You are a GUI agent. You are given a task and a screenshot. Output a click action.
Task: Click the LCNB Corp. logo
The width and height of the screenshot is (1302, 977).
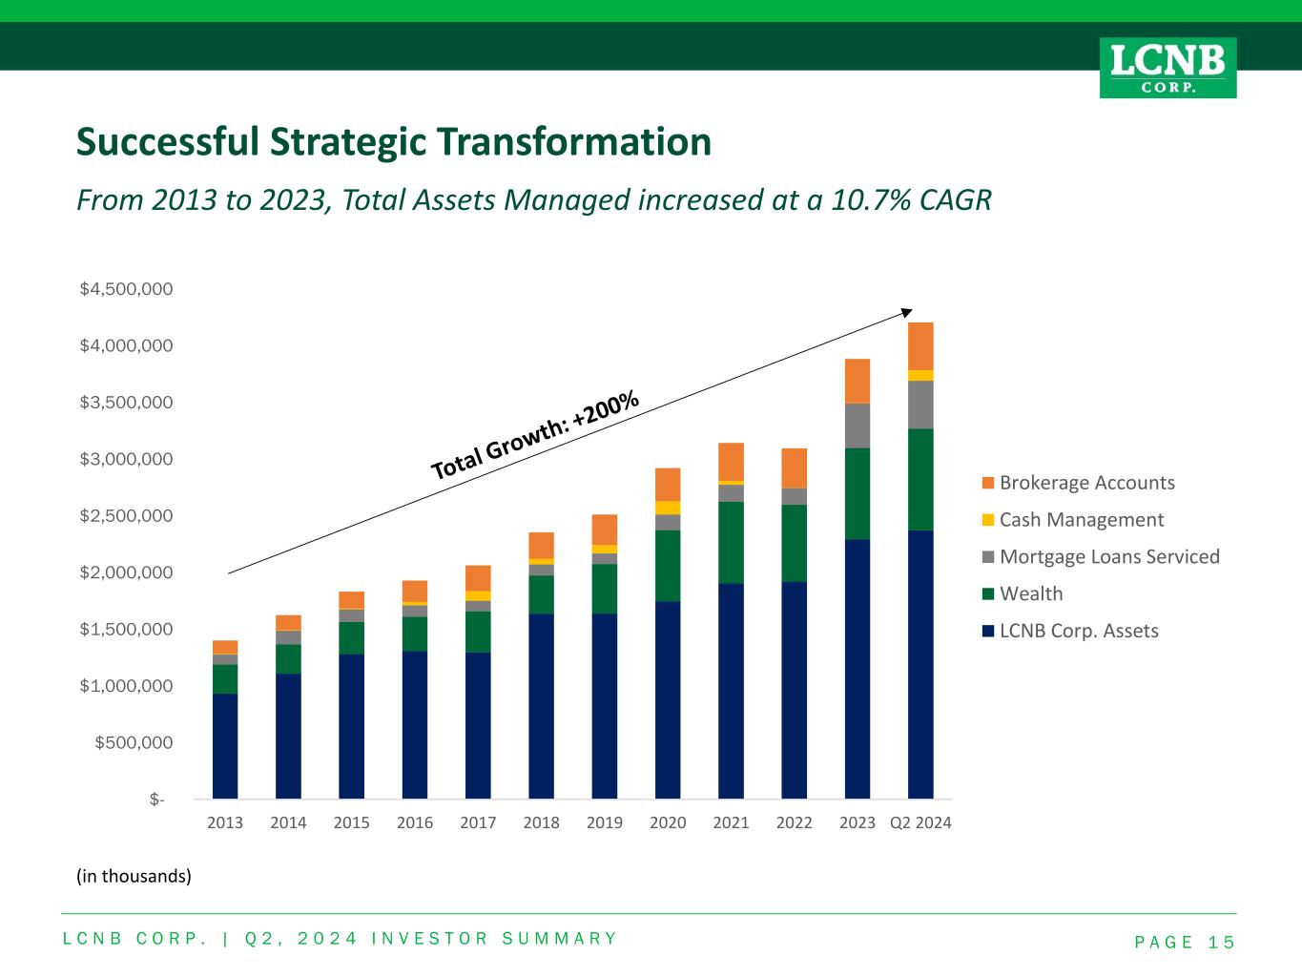[1168, 67]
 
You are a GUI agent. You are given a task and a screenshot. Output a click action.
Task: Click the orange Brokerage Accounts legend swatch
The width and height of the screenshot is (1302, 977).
[987, 483]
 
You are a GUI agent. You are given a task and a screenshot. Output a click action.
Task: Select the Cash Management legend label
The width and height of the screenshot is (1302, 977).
[1081, 520]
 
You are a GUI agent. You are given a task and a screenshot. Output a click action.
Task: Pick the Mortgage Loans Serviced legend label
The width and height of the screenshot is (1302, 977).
[1108, 557]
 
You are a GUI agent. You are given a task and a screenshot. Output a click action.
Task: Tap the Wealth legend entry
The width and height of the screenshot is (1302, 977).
[1030, 594]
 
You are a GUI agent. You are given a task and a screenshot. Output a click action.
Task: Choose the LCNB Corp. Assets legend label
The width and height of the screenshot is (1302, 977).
[1078, 631]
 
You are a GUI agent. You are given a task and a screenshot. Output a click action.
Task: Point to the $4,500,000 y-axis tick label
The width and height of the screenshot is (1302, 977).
[127, 289]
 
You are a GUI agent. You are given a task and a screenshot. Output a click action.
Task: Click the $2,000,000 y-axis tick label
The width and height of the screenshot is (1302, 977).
[127, 572]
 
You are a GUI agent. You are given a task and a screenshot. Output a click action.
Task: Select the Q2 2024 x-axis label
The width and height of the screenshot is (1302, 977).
[920, 822]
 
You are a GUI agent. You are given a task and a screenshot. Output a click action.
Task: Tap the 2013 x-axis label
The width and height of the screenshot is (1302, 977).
[225, 822]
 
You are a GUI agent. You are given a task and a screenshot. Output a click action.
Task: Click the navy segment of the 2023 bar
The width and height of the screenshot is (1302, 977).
[858, 668]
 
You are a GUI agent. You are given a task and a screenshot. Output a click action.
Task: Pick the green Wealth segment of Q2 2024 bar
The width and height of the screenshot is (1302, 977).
[920, 480]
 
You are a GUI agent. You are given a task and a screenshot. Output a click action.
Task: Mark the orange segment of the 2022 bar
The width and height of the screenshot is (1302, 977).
[794, 468]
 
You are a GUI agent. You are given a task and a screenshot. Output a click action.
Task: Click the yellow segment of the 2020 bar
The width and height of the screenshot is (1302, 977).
[668, 508]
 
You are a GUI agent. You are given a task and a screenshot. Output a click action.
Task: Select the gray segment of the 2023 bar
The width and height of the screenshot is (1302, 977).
[858, 426]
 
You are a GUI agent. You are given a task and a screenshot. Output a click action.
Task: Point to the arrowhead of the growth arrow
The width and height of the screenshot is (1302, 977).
[908, 311]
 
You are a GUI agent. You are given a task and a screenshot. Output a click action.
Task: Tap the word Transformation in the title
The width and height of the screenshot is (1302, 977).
[574, 142]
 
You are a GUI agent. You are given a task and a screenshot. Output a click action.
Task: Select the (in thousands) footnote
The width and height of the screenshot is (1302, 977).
[134, 876]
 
